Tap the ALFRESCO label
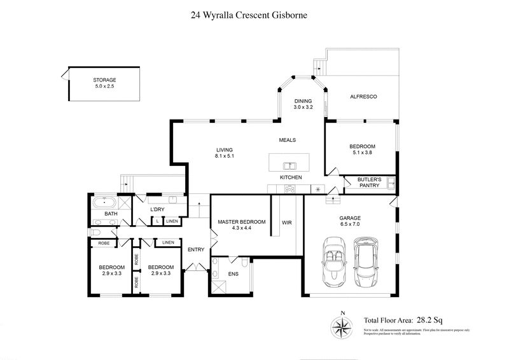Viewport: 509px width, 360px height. coord(365,96)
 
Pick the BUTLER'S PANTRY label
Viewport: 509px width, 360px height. coord(369,183)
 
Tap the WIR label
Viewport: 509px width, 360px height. coord(286,223)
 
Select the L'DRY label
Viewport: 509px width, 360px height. coord(157,209)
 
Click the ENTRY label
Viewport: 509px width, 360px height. coord(196,249)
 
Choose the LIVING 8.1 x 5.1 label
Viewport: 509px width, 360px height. coord(226,153)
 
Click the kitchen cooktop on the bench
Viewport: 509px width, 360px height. coord(290,188)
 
